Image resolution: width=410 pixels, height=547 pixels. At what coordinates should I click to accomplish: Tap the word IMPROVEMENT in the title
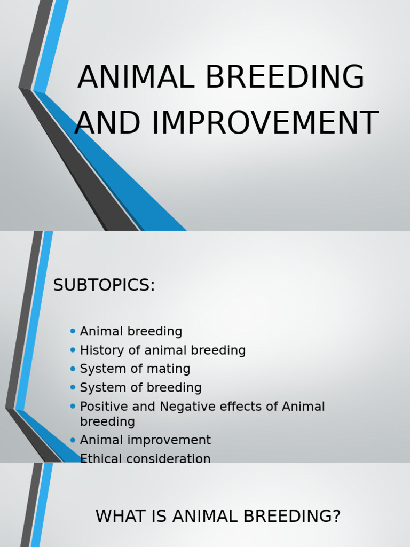coord(265,123)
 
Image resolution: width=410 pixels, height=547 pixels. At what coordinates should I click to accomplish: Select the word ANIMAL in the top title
coord(136,77)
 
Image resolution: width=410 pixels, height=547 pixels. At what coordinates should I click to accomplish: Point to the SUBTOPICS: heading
coord(104,286)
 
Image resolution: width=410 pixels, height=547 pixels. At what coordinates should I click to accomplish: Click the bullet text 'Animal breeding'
coord(131,332)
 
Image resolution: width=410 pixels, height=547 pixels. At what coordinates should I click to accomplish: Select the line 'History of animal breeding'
coord(162,350)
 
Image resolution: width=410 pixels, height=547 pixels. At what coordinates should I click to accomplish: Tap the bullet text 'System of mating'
coord(135,369)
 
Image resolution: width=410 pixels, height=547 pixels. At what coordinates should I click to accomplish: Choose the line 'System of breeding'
coord(140,388)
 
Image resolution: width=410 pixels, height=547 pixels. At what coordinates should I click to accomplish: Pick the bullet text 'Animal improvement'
coord(145,440)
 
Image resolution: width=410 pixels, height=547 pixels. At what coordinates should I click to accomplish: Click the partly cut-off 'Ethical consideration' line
coord(145,458)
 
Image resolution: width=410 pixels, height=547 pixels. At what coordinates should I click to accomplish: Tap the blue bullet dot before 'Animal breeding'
coord(73,331)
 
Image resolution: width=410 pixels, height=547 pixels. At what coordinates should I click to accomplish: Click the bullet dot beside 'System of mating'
coord(73,369)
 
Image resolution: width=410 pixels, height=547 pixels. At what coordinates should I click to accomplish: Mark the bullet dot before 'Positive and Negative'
coord(73,406)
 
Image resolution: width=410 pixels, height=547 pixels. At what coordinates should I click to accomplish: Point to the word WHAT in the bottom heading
coord(117,517)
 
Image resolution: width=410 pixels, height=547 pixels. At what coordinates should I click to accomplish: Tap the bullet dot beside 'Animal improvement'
coord(73,440)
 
